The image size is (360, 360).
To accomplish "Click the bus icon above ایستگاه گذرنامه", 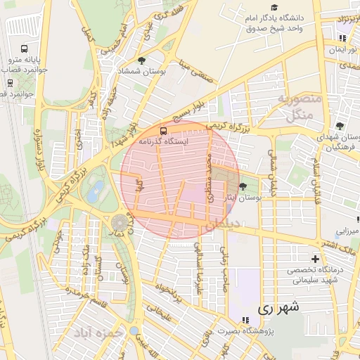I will [x=164, y=130].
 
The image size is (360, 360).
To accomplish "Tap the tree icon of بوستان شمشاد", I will [x=142, y=61].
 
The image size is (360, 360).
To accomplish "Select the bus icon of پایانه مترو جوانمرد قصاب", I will [x=25, y=50].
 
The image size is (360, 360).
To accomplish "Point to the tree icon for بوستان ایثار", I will [x=243, y=186].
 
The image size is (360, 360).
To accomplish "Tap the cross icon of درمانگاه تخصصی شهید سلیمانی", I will [x=315, y=258].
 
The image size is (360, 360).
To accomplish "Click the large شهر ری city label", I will [x=278, y=307].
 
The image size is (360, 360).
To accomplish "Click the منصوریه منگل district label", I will [x=299, y=106].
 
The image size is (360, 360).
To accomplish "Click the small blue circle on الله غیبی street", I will [x=134, y=330].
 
